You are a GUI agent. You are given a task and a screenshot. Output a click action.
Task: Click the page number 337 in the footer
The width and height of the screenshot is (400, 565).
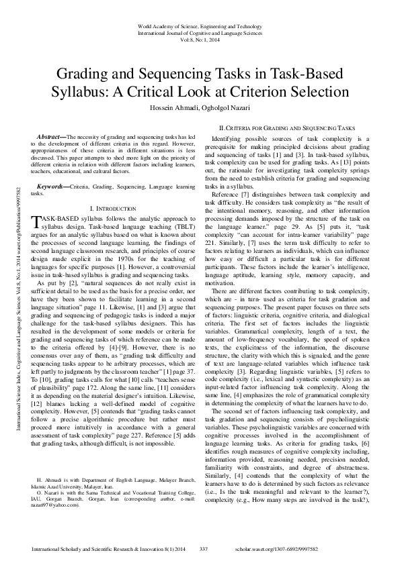point(206,550)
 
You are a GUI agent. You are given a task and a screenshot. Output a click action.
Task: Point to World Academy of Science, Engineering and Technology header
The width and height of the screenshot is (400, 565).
point(200,25)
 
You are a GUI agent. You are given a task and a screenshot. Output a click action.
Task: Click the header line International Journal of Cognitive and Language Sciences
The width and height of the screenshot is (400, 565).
point(200,32)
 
